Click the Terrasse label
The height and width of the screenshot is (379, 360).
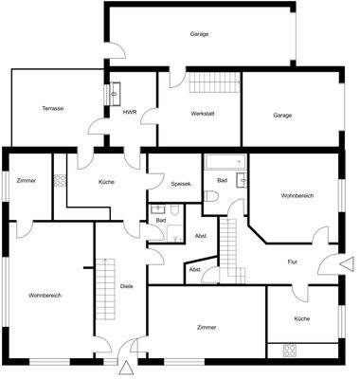pyautogui.click(x=53, y=109)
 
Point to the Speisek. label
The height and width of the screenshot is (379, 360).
pyautogui.click(x=181, y=184)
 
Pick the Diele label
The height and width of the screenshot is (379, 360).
pyautogui.click(x=126, y=286)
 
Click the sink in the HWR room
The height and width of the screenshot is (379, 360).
pyautogui.click(x=116, y=94)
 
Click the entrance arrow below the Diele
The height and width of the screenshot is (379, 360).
pyautogui.click(x=125, y=365)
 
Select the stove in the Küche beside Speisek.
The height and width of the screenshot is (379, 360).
pyautogui.click(x=60, y=180)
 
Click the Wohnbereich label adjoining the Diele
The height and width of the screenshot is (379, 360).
pyautogui.click(x=45, y=296)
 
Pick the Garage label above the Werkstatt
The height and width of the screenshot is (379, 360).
pyautogui.click(x=199, y=35)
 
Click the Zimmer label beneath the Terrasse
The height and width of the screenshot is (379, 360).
pyautogui.click(x=27, y=179)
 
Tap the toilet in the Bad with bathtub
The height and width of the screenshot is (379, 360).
pyautogui.click(x=214, y=197)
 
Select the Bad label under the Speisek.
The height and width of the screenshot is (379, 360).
pyautogui.click(x=161, y=220)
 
